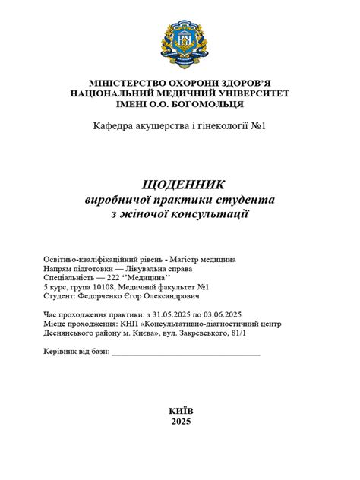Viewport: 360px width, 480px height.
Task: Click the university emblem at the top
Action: pos(180,43)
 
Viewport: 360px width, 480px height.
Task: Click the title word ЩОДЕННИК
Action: pos(180,184)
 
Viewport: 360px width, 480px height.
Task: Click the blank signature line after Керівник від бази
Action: pos(185,352)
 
